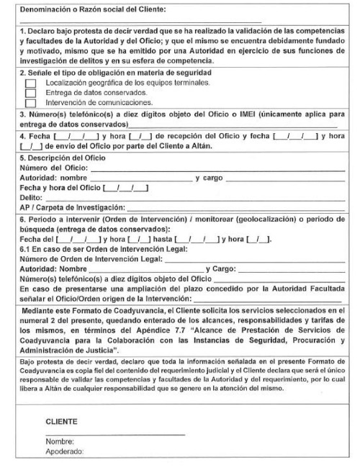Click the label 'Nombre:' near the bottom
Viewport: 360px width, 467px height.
tap(60, 443)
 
